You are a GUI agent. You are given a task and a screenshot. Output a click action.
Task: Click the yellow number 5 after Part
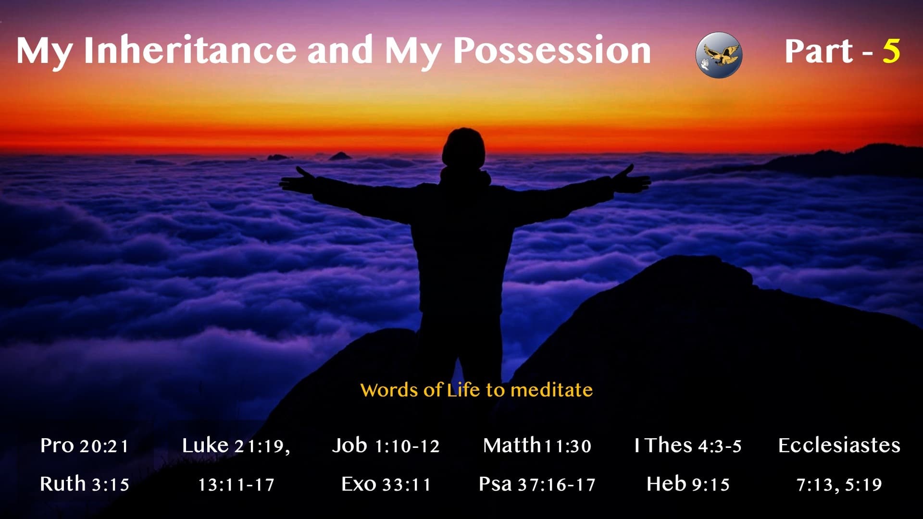tap(891, 50)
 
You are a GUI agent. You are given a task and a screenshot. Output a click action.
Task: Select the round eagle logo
tap(719, 54)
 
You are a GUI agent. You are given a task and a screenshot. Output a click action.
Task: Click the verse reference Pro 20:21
tap(85, 446)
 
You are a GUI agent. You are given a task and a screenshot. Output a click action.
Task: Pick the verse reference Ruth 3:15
tap(85, 484)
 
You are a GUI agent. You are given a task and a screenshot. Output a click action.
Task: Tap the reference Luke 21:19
tap(236, 446)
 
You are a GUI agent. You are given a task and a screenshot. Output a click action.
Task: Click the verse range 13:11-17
tap(236, 484)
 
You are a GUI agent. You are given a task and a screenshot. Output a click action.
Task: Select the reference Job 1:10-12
tap(386, 446)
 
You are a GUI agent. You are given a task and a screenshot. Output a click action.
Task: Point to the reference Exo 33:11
tap(386, 484)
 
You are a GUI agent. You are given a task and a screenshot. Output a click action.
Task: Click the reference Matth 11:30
tap(537, 446)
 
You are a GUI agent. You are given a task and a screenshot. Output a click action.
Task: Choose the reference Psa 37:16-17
tap(537, 484)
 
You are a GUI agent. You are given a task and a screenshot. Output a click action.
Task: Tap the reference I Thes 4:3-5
tap(688, 446)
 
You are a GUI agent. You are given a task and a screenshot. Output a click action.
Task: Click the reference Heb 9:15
tap(688, 484)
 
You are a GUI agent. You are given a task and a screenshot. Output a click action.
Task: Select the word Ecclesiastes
tap(839, 446)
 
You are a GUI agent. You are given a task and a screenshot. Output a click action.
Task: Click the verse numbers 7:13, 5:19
tap(839, 484)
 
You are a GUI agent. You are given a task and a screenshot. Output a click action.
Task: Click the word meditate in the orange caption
tap(551, 390)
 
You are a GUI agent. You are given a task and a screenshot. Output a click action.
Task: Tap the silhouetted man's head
tap(463, 147)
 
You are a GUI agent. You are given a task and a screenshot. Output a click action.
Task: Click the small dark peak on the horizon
tap(340, 156)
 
